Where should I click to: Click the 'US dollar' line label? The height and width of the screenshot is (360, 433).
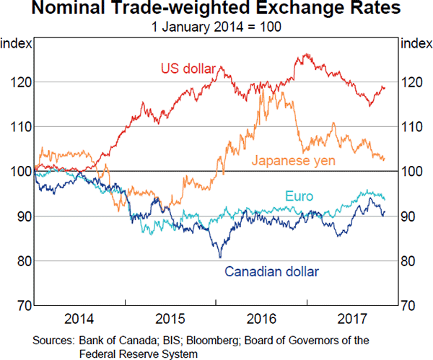point(187,69)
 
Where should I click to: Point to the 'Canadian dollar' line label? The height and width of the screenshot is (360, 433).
point(271,272)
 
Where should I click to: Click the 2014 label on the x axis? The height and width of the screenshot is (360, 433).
point(79,318)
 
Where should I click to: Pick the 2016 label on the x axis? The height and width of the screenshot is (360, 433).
point(261,318)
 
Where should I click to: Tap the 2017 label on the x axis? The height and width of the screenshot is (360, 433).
point(351,318)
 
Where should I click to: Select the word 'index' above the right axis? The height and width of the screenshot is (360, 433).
point(414,43)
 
